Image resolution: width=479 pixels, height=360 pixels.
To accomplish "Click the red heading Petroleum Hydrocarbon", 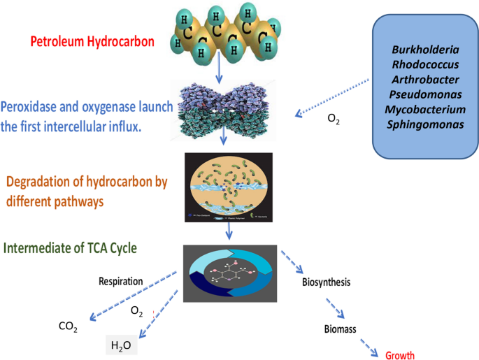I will coord(92,41).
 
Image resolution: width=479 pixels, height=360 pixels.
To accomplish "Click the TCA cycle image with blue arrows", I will coord(227,273).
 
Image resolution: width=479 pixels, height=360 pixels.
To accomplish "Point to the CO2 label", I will coord(68,326).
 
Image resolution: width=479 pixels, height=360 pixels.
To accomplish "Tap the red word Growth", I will coord(400,354).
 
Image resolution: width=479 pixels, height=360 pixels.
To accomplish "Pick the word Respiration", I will coord(120,281).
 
